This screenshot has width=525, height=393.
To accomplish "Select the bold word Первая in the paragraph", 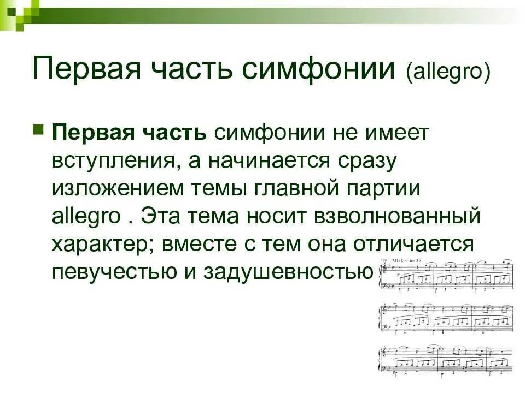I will click(90, 132).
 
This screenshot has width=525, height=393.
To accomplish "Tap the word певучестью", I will click(109, 271).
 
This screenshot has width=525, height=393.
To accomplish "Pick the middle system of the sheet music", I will click(445, 319).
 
